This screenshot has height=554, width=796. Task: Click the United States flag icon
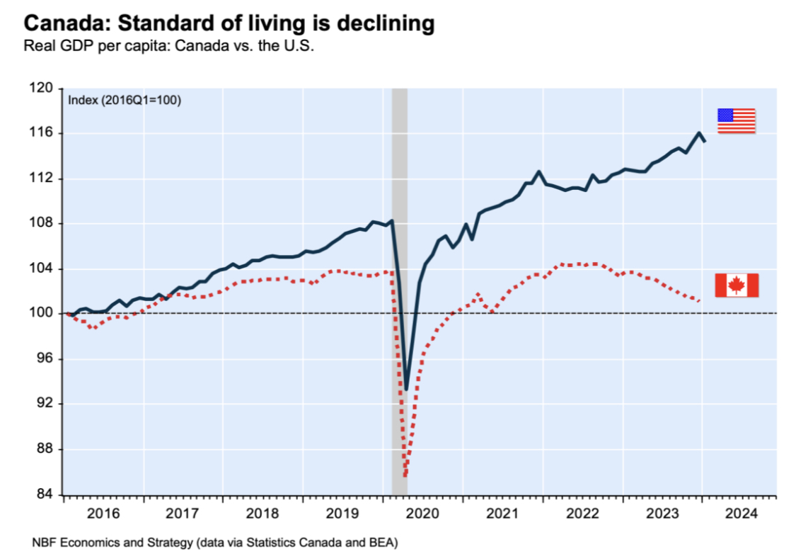(736, 120)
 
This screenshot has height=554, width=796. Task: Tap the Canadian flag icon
(736, 285)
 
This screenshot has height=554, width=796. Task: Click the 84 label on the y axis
(46, 494)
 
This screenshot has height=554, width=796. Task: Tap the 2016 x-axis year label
(103, 513)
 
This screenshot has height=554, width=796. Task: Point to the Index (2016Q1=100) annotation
(125, 101)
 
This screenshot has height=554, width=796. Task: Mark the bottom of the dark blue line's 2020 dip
(406, 389)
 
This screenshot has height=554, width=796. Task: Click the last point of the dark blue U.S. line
(705, 142)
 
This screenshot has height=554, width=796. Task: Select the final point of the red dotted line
(700, 301)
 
